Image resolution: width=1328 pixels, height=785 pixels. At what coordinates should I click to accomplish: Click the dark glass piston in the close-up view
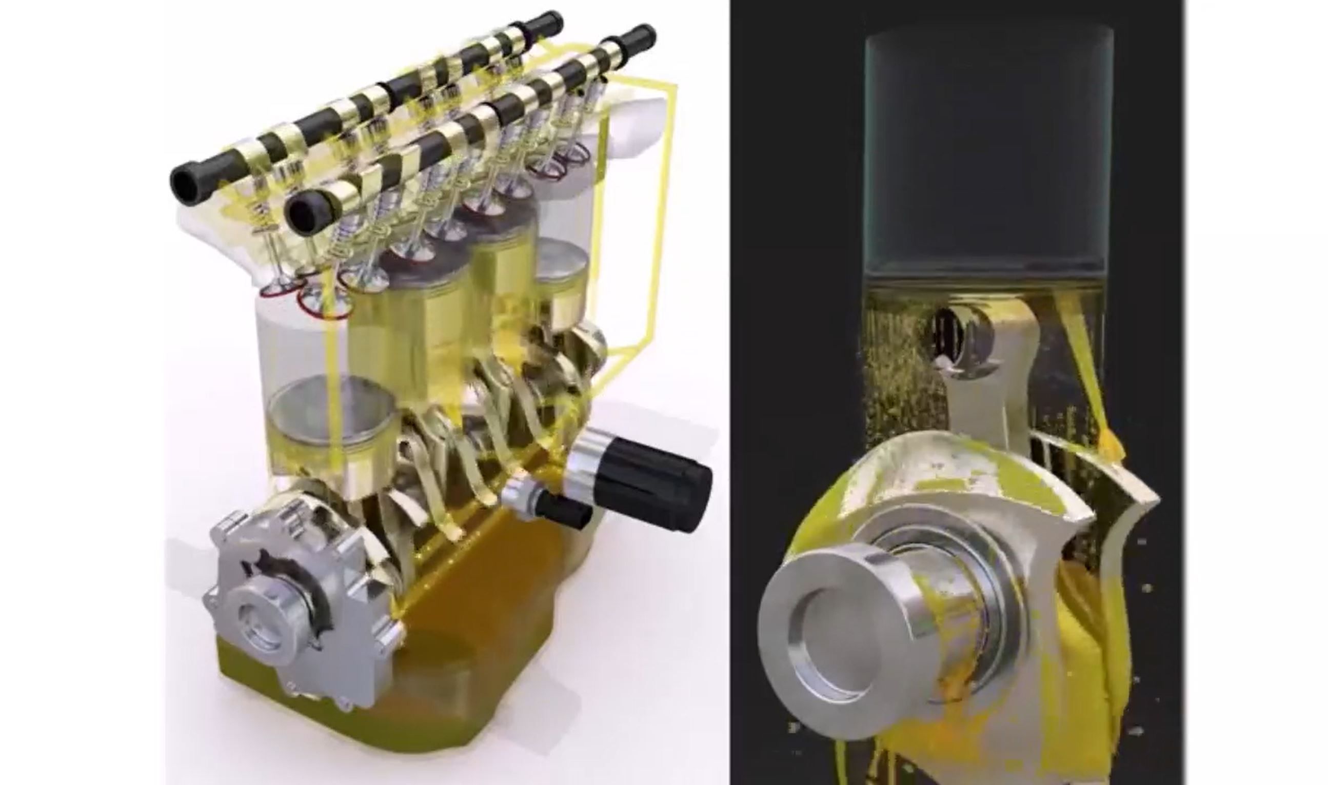[x=988, y=159]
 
